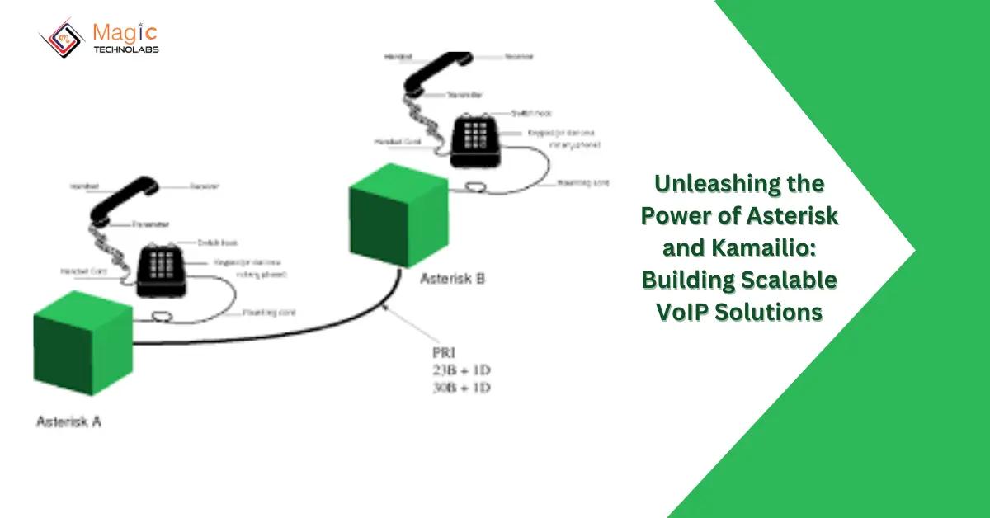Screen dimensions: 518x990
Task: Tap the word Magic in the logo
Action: pos(124,33)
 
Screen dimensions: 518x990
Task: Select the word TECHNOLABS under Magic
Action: pos(125,49)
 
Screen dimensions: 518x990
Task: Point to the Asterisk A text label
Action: pos(68,421)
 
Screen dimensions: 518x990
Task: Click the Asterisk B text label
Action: pos(452,278)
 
